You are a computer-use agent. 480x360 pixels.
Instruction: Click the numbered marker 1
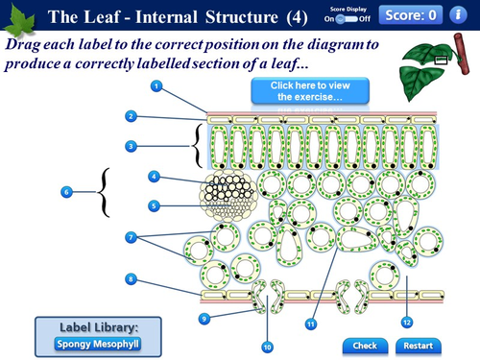click(156, 86)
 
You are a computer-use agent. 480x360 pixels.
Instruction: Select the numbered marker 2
click(131, 116)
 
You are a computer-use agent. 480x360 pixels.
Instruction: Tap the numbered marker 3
click(131, 146)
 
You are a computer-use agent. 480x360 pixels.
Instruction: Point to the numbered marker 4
click(154, 177)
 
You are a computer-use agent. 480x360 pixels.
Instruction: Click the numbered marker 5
click(154, 204)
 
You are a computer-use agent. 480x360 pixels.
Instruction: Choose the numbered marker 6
click(66, 192)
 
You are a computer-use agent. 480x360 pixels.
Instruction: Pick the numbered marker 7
click(131, 236)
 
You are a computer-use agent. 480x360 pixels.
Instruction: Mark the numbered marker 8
click(131, 279)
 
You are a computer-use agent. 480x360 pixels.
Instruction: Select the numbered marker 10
click(268, 345)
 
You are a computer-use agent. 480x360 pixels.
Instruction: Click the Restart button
click(419, 346)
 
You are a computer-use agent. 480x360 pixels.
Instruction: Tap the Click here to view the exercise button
click(297, 91)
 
